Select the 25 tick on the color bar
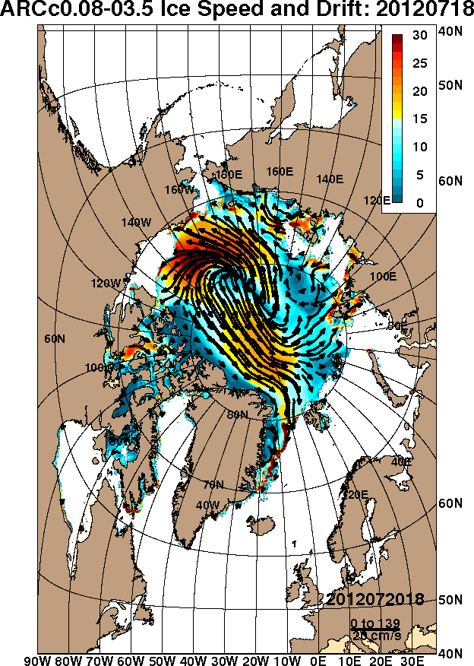pyautogui.click(x=419, y=64)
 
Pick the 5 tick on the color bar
pyautogui.click(x=419, y=175)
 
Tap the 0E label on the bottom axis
pyautogui.click(x=318, y=658)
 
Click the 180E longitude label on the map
pyautogui.click(x=229, y=174)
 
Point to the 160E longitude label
pyautogui.click(x=280, y=172)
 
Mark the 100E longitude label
pyautogui.click(x=384, y=276)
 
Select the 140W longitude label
pyautogui.click(x=136, y=222)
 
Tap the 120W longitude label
pyautogui.click(x=106, y=283)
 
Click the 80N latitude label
pyautogui.click(x=238, y=414)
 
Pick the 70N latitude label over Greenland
pyautogui.click(x=213, y=484)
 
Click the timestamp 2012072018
pyautogui.click(x=375, y=600)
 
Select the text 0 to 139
pyautogui.click(x=371, y=623)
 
